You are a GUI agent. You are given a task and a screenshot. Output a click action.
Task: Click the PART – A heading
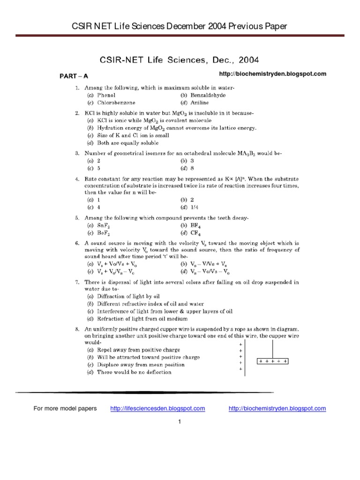pos(73,75)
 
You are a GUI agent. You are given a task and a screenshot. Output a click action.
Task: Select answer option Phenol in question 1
pos(107,95)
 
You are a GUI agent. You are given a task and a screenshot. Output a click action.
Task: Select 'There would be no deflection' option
pos(134,372)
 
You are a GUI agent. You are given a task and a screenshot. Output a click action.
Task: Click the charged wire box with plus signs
pos(273,361)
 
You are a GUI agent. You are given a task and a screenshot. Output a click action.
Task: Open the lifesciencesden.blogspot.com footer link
pos(157,408)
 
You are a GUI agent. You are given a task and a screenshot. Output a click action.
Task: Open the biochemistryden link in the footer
pos(277,408)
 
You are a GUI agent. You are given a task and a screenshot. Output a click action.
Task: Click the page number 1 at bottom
pos(180,421)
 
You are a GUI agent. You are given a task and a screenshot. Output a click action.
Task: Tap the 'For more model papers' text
pos(65,408)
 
